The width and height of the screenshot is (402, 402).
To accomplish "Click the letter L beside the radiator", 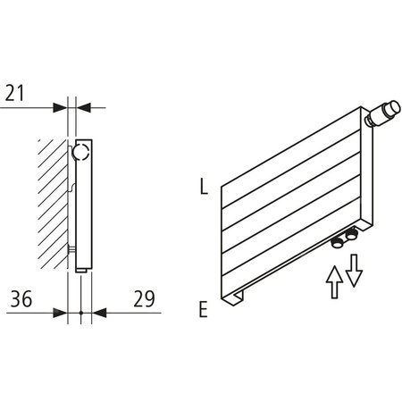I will pyautogui.click(x=204, y=188).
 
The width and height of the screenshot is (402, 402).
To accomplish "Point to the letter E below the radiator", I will pyautogui.click(x=204, y=310).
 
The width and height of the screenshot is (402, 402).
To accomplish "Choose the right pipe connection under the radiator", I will pyautogui.click(x=351, y=235).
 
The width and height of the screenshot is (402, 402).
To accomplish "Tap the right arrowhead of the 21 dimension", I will pyautogui.click(x=83, y=106).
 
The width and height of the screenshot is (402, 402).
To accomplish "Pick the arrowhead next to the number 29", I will pyautogui.click(x=99, y=313).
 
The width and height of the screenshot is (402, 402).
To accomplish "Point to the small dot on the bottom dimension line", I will pyautogui.click(x=80, y=313).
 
